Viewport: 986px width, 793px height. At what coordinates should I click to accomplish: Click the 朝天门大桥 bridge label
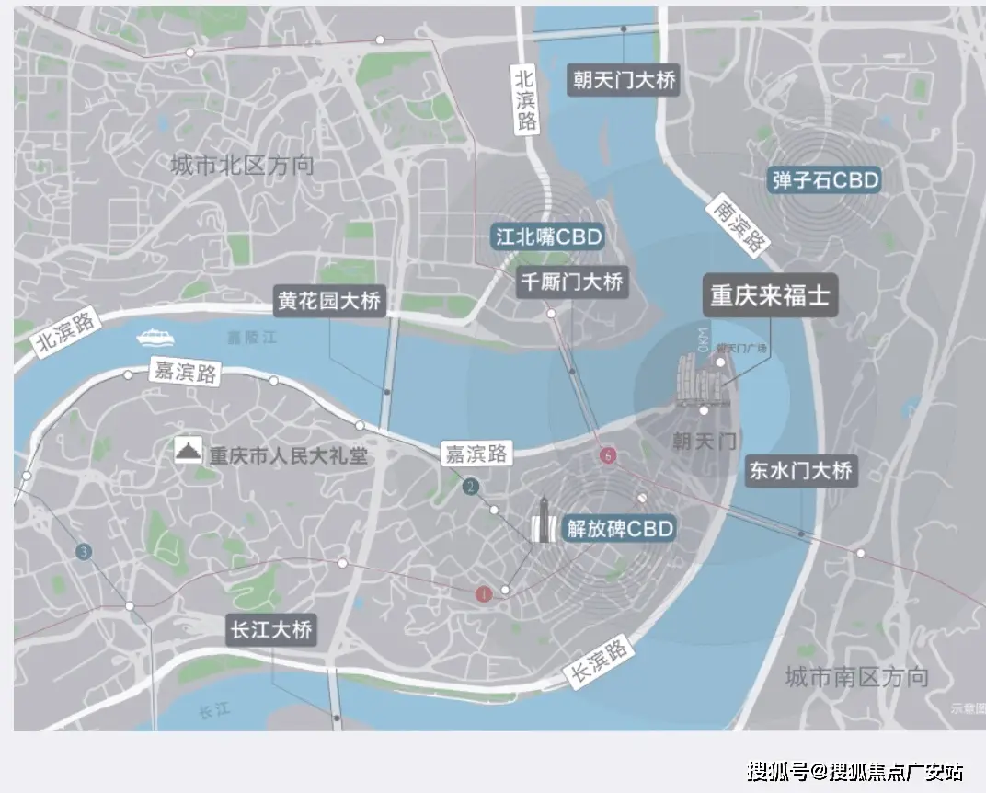(x=624, y=80)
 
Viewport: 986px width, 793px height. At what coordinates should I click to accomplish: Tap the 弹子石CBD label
(x=825, y=179)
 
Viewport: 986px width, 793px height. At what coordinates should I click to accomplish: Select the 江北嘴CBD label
(x=548, y=236)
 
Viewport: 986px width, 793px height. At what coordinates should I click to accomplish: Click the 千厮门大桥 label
(x=571, y=282)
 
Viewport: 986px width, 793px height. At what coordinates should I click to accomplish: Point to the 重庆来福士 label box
(x=770, y=296)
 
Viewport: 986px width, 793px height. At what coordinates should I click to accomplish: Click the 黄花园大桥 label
(x=328, y=301)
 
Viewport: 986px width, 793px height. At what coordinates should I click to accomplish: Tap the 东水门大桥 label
(x=800, y=471)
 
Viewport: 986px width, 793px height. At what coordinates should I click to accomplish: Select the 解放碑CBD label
(x=620, y=528)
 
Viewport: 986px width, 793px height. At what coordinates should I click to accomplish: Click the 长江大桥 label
(x=270, y=630)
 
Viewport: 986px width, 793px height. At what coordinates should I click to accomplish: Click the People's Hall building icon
(x=189, y=450)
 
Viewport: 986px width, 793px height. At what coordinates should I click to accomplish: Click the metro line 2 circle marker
(x=471, y=487)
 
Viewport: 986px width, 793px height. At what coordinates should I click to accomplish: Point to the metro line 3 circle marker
(x=84, y=552)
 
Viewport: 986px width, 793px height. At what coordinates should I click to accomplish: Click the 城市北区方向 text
(x=242, y=166)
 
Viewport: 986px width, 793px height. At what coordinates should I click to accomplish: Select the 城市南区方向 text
(x=856, y=678)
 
